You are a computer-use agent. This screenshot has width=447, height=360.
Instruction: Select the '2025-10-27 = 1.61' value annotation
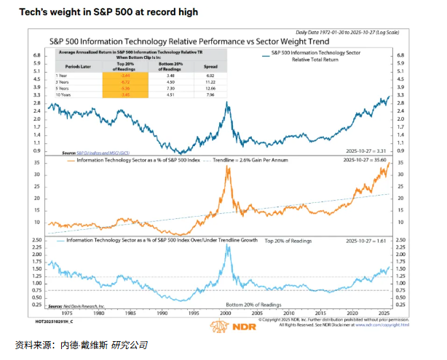(x=376, y=240)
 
